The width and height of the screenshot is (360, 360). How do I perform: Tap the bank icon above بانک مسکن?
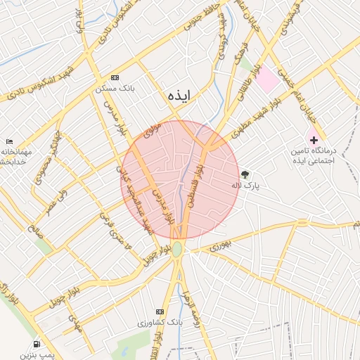(115, 77)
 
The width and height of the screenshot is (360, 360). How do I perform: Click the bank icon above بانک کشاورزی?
(160, 311)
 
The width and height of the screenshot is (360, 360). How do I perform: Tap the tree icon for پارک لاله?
(245, 175)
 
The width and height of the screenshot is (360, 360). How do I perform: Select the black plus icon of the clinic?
(314, 141)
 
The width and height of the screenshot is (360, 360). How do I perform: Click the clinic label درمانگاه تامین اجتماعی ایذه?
(315, 156)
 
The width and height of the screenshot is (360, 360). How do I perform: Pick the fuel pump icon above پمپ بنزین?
(36, 344)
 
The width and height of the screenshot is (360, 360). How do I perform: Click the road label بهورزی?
(219, 247)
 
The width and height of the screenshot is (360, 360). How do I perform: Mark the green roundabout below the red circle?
(178, 250)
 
